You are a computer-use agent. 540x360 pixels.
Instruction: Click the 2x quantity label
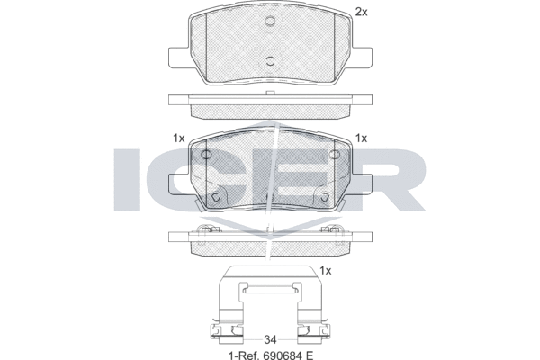[362, 12]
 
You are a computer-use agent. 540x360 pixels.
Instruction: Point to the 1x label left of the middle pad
[178, 139]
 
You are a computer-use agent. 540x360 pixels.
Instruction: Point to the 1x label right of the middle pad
[362, 139]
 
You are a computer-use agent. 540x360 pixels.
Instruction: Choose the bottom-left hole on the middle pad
[216, 197]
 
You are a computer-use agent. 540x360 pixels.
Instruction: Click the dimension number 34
[269, 340]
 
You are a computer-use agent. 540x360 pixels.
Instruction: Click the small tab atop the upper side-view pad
[269, 94]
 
